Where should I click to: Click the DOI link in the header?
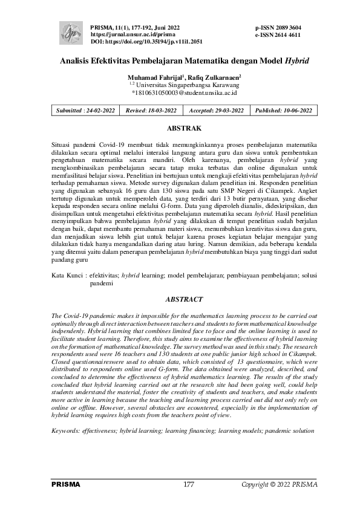click(146, 42)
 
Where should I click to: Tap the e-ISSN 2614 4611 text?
click(278, 36)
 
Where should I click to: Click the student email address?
click(184, 93)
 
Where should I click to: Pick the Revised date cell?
click(151, 111)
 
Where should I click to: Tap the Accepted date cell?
click(216, 111)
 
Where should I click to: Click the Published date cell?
click(283, 111)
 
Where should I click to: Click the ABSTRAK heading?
click(183, 129)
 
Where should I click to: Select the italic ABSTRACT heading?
click(183, 299)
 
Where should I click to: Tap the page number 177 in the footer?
click(188, 485)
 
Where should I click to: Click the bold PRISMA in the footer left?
click(66, 485)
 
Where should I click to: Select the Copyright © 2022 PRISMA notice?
click(279, 485)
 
